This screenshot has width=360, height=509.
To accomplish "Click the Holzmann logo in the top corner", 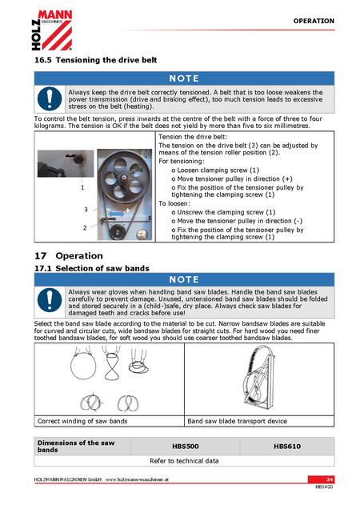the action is tap(52, 30).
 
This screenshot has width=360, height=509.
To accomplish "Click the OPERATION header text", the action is tap(314, 21).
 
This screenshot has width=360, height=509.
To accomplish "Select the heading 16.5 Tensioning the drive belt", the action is tap(96, 60).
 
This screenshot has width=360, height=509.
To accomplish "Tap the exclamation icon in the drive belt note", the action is tap(50, 99).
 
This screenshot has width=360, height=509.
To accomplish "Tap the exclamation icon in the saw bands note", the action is tap(50, 300).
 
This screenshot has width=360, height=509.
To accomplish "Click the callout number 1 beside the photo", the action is tap(82, 187).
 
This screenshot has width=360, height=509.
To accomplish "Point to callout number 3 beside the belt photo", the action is tap(86, 210).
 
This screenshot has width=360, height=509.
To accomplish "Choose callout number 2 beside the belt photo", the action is tap(85, 228).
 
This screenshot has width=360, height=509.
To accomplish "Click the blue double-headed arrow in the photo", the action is tap(116, 214).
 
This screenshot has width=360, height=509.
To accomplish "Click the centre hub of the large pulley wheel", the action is tap(124, 177).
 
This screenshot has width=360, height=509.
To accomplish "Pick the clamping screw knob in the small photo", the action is tap(78, 159).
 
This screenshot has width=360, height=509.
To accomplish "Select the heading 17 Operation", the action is tap(69, 256).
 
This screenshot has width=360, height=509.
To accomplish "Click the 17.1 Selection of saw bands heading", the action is tap(92, 268).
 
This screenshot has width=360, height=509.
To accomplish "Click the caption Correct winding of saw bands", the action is tap(82, 421).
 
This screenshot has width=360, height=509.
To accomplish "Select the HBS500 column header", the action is tap(186, 447).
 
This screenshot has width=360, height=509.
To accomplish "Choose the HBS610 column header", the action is tap(287, 447).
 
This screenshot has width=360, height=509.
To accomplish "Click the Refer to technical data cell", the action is tap(184, 461).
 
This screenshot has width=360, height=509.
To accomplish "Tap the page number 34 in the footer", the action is tap(330, 479).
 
